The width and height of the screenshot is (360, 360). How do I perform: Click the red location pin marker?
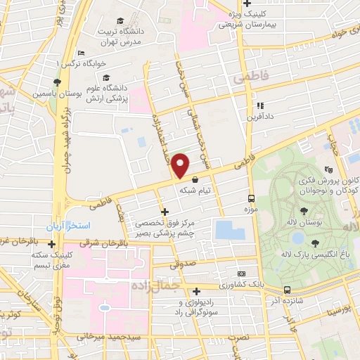181,165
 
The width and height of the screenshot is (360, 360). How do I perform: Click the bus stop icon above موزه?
251,198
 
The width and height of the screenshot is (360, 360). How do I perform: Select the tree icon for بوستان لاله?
303,211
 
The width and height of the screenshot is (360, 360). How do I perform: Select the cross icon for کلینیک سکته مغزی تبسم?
51,244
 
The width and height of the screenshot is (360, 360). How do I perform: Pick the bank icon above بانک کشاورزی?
242,274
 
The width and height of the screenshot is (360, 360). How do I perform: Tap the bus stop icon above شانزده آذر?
287,290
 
